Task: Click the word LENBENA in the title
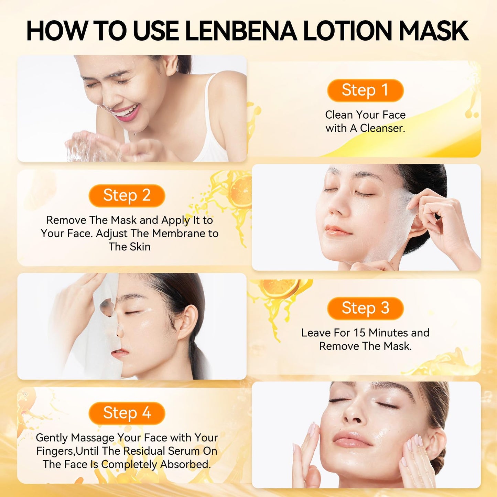(x=241, y=31)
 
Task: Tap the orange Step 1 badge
(x=365, y=90)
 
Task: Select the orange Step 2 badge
(x=127, y=195)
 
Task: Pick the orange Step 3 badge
(x=365, y=308)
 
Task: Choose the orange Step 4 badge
(x=127, y=413)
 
